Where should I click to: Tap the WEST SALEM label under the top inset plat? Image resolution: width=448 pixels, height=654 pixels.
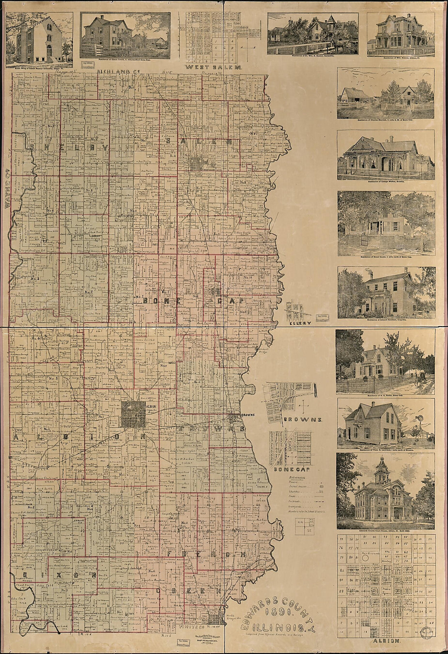214,67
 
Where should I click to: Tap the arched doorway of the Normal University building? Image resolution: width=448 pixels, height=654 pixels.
49,51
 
